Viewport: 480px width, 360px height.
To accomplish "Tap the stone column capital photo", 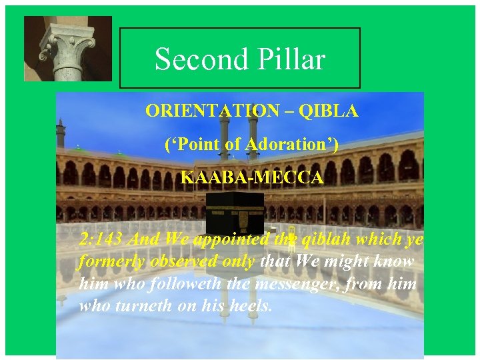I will pyautogui.click(x=68, y=49).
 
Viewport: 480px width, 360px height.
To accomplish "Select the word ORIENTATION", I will pyautogui.click(x=212, y=111).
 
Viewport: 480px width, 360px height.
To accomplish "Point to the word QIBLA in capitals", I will pyautogui.click(x=328, y=111).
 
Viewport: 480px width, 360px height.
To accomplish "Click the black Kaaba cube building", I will pyautogui.click(x=234, y=214).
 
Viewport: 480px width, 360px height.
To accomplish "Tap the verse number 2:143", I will pyautogui.click(x=103, y=239).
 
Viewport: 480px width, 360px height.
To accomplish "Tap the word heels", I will pyautogui.click(x=253, y=306).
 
